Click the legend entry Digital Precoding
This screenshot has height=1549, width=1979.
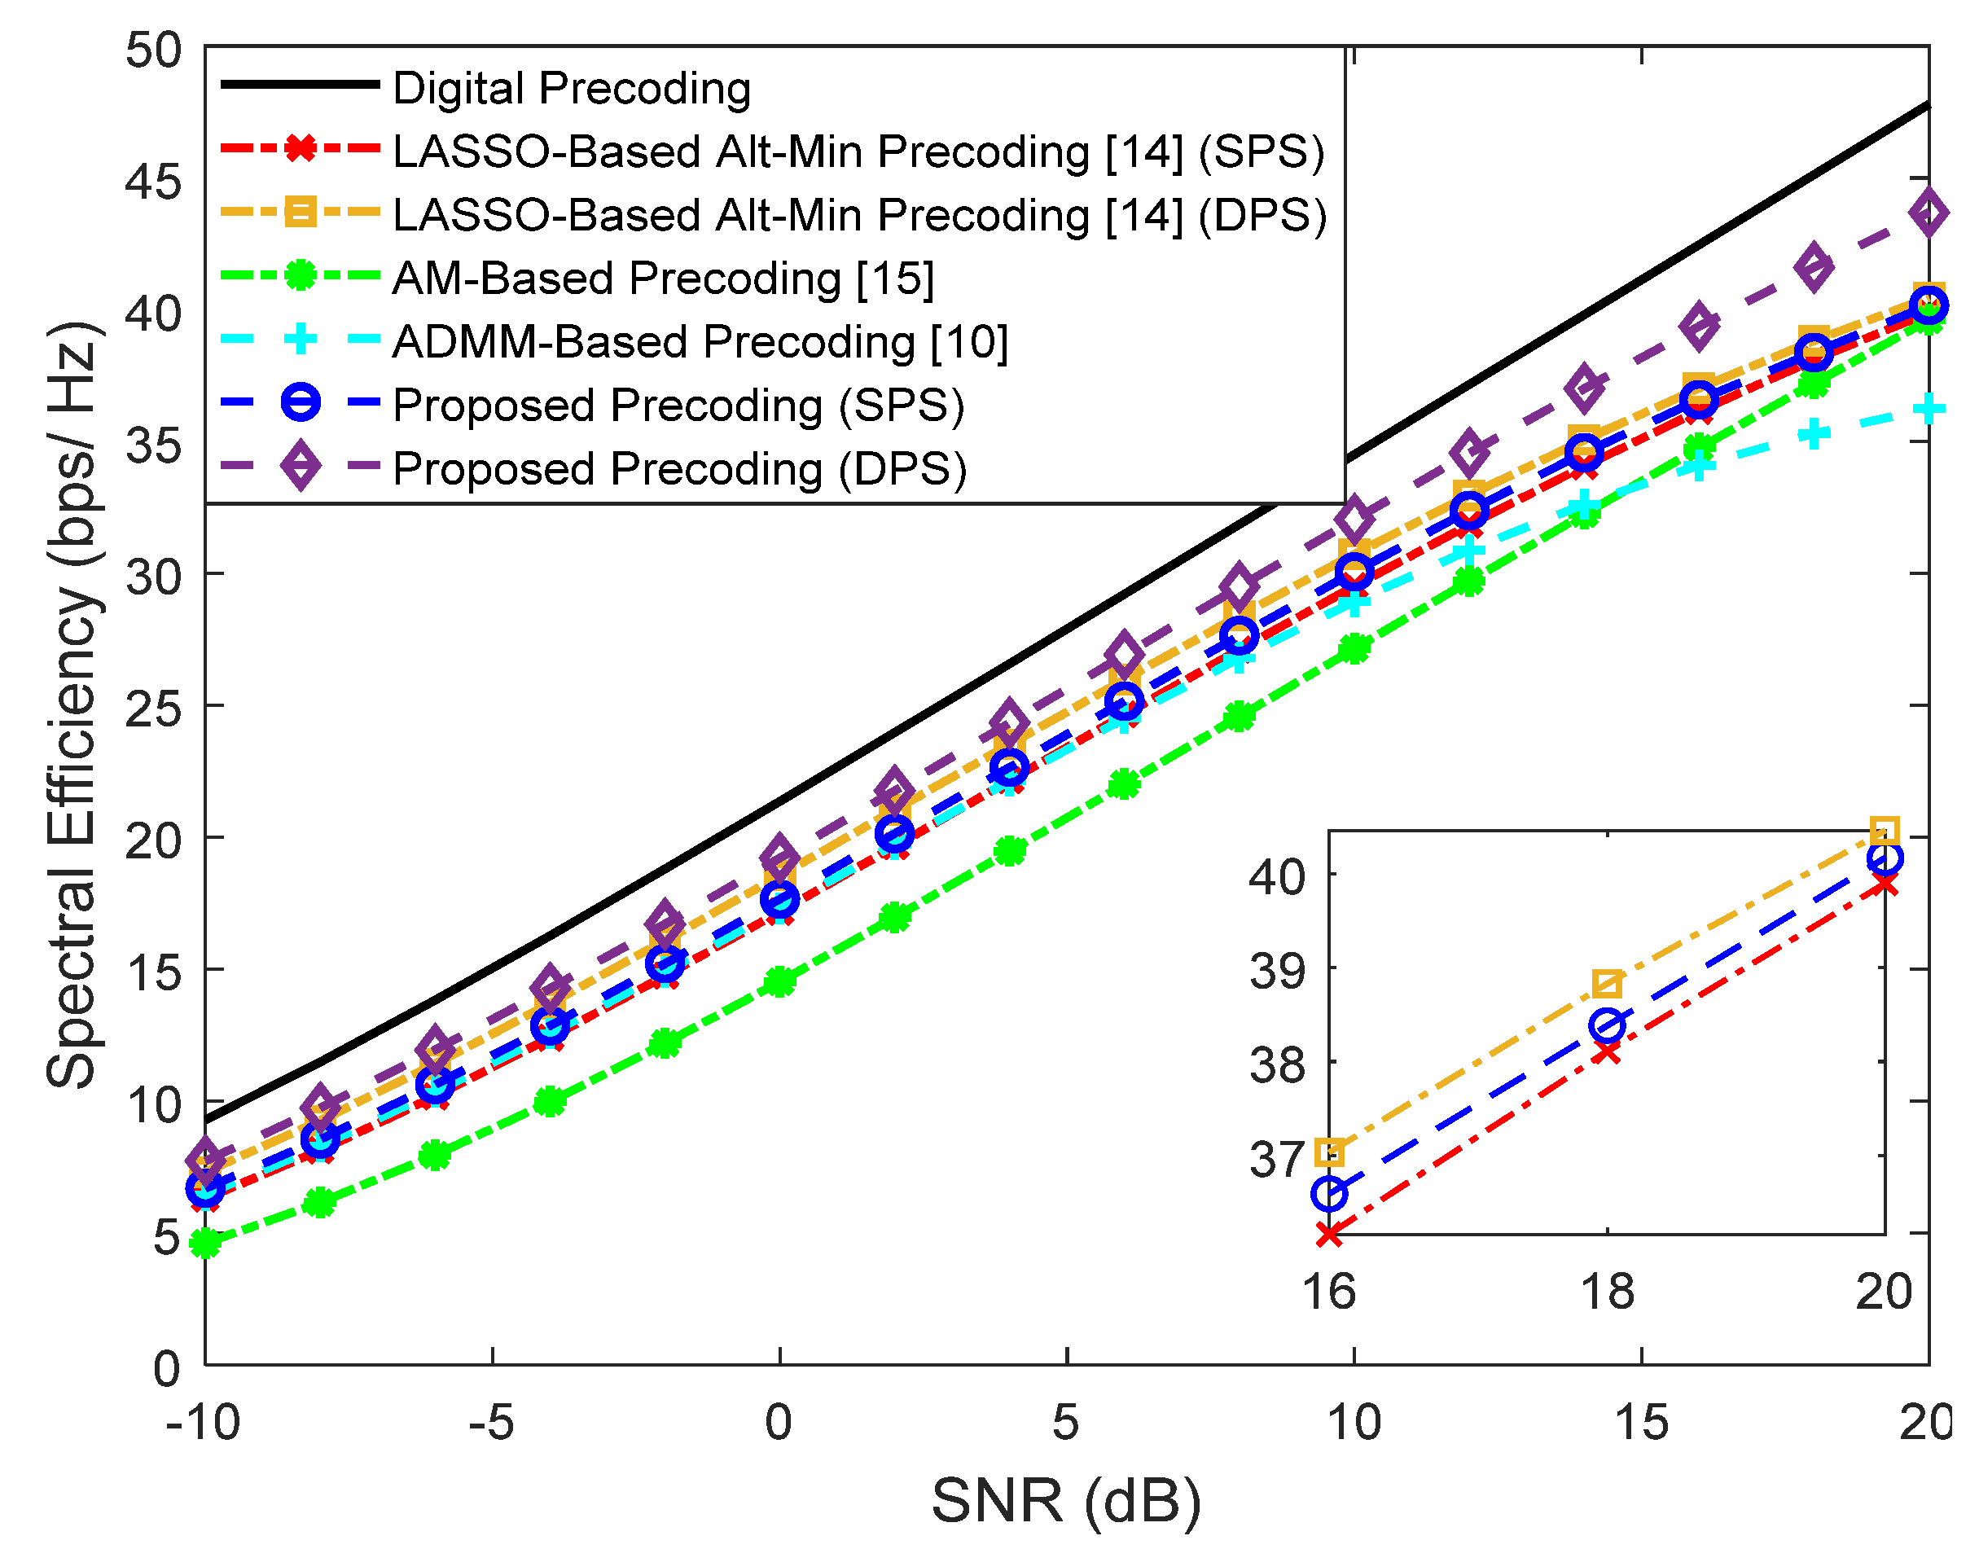coord(572,89)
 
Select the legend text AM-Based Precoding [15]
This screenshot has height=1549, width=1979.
coord(663,279)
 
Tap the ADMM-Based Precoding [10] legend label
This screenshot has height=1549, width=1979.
coord(700,342)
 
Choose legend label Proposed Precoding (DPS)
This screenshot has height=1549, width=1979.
coord(679,469)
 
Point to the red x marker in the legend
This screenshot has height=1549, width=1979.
coord(301,148)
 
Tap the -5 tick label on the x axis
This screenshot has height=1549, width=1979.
coord(492,1423)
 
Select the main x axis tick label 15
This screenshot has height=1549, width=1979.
coord(1641,1423)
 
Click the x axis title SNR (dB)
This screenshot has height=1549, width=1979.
coord(1066,1502)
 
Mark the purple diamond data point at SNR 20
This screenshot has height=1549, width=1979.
coord(1929,213)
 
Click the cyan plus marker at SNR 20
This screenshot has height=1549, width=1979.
coord(1929,409)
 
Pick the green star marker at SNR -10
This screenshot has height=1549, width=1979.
coord(206,1244)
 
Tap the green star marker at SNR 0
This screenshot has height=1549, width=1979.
coord(780,981)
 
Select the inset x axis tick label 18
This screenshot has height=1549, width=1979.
coord(1607,1292)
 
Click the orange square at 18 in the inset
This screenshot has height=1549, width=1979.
coord(1607,983)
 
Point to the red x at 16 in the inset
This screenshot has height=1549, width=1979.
coord(1330,1235)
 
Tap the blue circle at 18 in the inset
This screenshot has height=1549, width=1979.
coord(1607,1025)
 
